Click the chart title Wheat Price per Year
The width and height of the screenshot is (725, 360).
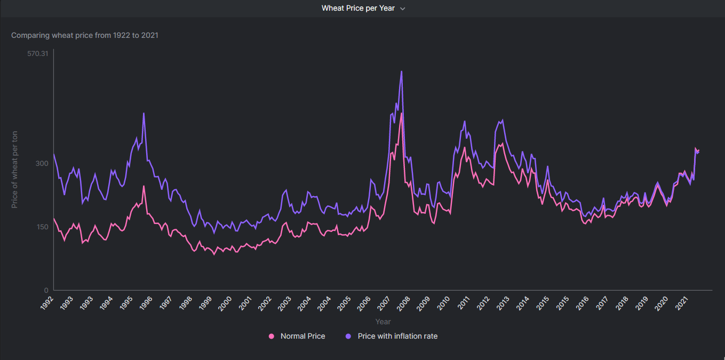click(x=358, y=9)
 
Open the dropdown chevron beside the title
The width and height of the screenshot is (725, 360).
click(x=403, y=9)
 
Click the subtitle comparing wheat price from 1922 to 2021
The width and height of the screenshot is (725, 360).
click(x=85, y=36)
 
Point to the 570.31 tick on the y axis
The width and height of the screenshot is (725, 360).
click(x=38, y=53)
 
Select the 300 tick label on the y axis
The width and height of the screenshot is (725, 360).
click(x=42, y=163)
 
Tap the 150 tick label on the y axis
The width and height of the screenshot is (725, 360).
click(x=42, y=227)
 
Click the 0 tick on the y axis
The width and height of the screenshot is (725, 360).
click(x=46, y=290)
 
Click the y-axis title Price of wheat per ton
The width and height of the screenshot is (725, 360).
click(x=15, y=169)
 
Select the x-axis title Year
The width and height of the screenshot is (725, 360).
click(x=383, y=322)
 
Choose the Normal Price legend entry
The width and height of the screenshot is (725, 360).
click(x=302, y=336)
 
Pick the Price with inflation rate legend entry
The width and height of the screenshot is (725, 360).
click(x=397, y=336)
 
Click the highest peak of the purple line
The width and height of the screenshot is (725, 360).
click(x=401, y=71)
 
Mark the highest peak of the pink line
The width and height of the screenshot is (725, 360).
click(x=401, y=113)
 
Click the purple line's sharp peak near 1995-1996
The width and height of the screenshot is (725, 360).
click(x=144, y=113)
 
